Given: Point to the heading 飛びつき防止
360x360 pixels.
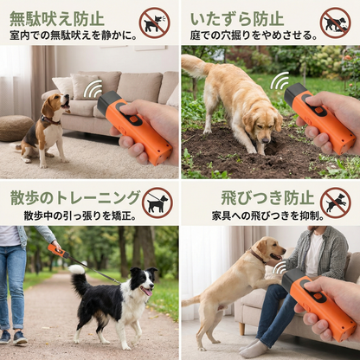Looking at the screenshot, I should tap(255, 197).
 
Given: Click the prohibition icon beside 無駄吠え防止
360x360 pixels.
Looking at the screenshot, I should tap(154, 22).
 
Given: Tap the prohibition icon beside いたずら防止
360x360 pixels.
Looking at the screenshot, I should tap(334, 22).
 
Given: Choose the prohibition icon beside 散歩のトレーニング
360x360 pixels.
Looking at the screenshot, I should tap(157, 202).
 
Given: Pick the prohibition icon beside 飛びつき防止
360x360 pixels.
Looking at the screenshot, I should tap(335, 202).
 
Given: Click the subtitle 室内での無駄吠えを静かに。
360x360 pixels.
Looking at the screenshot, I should tap(73, 35).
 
